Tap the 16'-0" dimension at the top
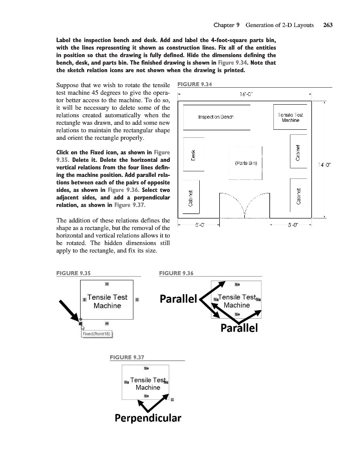tap(246, 94)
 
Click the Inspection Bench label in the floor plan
tap(216, 117)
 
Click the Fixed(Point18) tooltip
tap(97, 334)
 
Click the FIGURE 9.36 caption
tap(176, 273)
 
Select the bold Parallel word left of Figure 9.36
tap(179, 299)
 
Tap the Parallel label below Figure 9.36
tap(239, 328)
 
